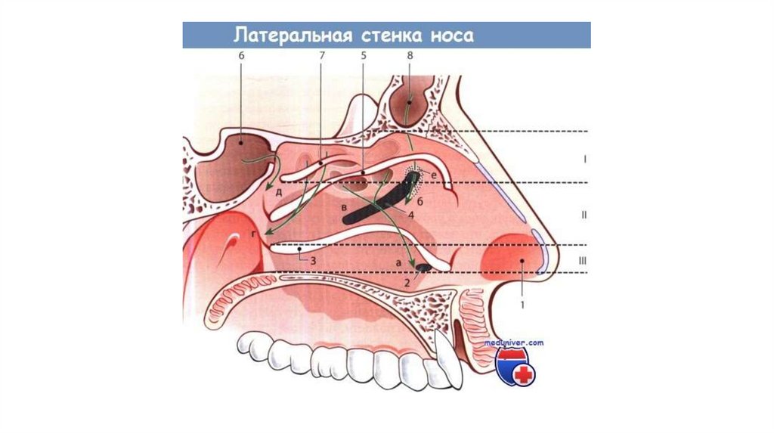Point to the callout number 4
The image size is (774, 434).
[411, 215]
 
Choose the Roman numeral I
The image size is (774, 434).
[585, 160]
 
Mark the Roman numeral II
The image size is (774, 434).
[584, 215]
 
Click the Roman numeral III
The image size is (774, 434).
[583, 261]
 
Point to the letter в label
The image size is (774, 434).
[344, 206]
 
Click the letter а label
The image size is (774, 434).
[396, 261]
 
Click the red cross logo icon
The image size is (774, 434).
[522, 374]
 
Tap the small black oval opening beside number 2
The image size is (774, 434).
[425, 267]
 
